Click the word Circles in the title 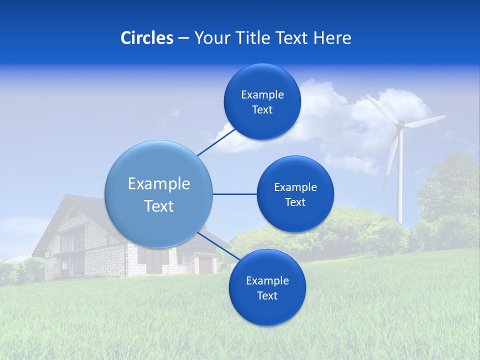coord(146,38)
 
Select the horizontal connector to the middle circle coord(234,194)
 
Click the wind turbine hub coord(400,124)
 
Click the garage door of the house coord(205,264)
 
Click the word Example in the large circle coord(158,183)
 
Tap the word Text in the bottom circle coord(267,295)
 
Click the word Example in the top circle coord(262,94)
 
